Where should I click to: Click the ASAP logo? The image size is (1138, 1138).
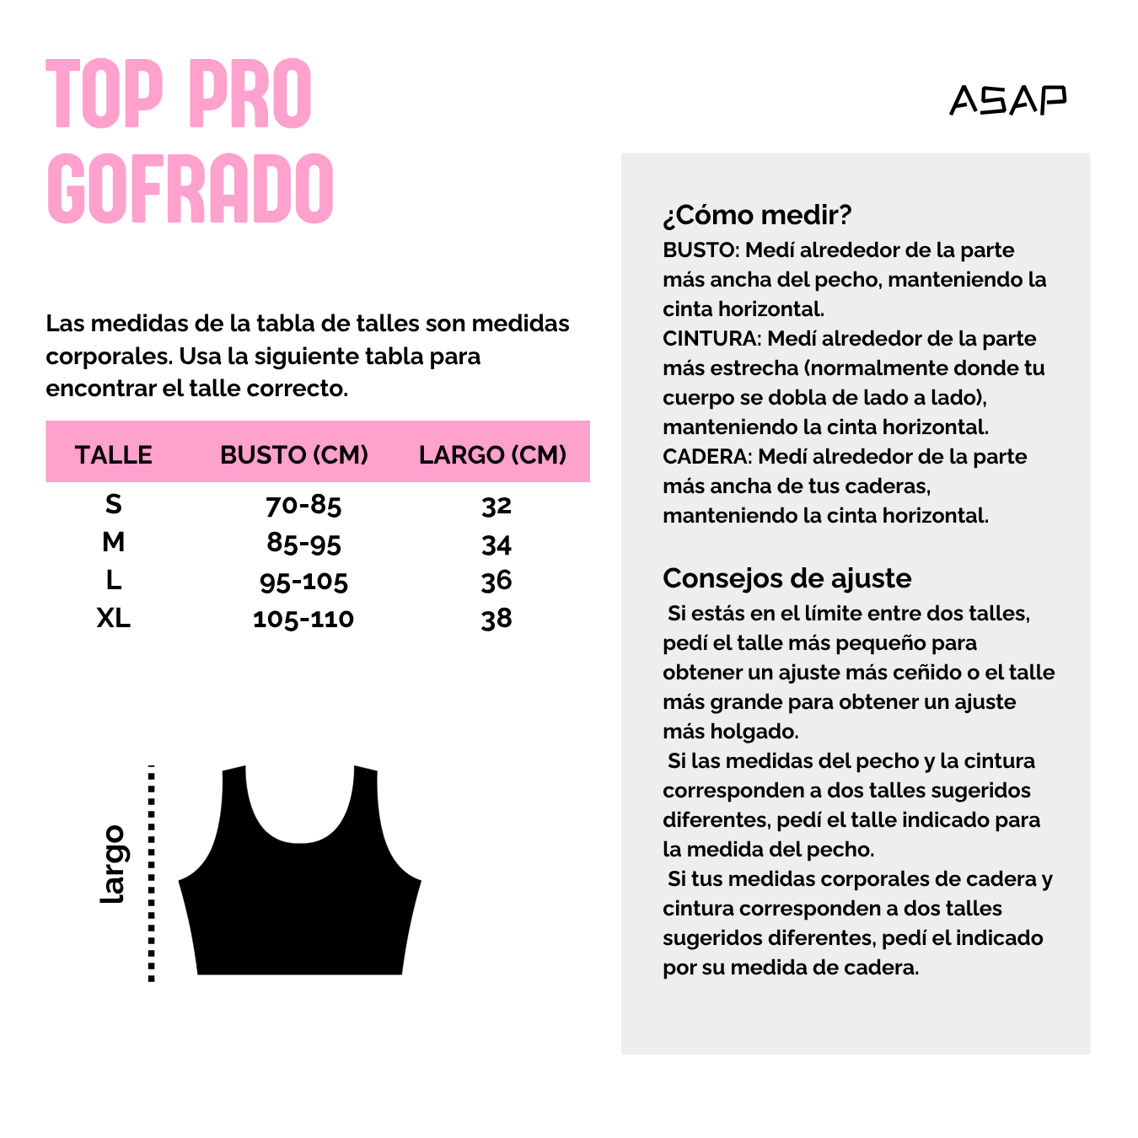click(x=1007, y=99)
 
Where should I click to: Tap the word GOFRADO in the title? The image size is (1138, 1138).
click(x=191, y=189)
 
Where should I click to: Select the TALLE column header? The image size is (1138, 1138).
click(x=114, y=454)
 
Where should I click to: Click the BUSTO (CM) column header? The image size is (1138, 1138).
click(x=294, y=454)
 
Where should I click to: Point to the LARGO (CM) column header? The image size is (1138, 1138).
click(x=492, y=454)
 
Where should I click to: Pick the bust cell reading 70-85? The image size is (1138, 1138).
click(x=303, y=505)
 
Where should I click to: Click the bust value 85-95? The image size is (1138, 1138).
click(x=303, y=543)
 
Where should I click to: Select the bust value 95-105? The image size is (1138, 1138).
click(x=303, y=581)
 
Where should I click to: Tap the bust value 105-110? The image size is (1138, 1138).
click(x=303, y=619)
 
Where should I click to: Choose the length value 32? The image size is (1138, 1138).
click(x=497, y=505)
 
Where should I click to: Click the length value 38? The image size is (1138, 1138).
click(x=497, y=619)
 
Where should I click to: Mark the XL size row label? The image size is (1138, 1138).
click(x=114, y=618)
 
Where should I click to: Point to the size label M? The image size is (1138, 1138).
click(x=114, y=542)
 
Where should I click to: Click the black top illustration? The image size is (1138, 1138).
click(x=300, y=910)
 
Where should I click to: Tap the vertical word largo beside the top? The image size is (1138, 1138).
click(x=112, y=864)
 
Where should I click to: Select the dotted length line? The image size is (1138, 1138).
click(x=152, y=873)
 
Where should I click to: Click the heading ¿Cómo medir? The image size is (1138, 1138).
click(x=757, y=215)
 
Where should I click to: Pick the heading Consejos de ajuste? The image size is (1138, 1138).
click(x=786, y=578)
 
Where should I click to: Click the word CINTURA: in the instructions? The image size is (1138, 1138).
click(x=711, y=339)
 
